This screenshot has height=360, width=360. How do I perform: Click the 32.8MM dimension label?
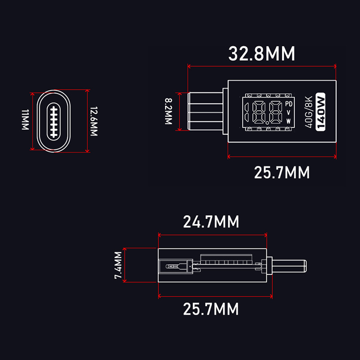(x=261, y=54)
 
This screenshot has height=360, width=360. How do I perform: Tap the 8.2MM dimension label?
(x=168, y=111)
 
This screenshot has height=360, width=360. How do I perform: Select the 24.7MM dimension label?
(x=211, y=222)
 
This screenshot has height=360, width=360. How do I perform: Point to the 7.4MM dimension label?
(x=118, y=265)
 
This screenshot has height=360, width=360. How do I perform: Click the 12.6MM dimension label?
(x=94, y=121)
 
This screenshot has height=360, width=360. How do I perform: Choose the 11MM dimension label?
(x=25, y=120)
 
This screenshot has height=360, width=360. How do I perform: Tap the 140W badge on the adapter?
(x=320, y=112)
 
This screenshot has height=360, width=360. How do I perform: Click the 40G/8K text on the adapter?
(x=309, y=112)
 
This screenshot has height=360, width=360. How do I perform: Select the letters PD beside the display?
(x=288, y=104)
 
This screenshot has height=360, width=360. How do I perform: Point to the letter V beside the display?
(x=288, y=112)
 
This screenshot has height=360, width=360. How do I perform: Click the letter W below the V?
(x=288, y=121)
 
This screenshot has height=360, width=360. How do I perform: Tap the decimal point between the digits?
(x=267, y=123)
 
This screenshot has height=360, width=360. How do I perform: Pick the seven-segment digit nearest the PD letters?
(x=276, y=112)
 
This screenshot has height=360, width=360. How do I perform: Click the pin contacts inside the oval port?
(x=54, y=121)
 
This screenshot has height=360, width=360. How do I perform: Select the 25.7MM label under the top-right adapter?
(x=282, y=172)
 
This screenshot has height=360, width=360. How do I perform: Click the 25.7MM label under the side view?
(x=211, y=309)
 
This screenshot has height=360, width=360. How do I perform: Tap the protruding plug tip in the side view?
(x=289, y=266)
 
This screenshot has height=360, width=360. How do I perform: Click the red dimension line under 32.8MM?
(x=262, y=66)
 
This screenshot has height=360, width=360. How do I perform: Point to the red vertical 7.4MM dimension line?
(x=125, y=265)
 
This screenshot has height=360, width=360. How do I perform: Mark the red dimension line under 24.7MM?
(x=212, y=235)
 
